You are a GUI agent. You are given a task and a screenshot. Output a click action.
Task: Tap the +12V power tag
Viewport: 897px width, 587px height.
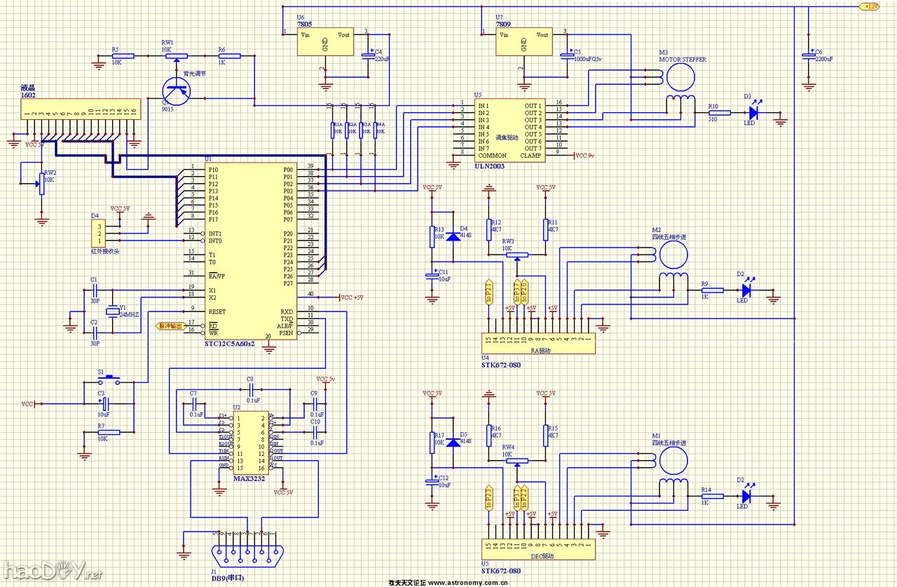pyautogui.click(x=869, y=6)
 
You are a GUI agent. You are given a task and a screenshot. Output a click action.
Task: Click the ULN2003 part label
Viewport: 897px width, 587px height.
pyautogui.click(x=489, y=166)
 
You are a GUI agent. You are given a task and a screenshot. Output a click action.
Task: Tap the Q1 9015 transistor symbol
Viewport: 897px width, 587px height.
pyautogui.click(x=176, y=89)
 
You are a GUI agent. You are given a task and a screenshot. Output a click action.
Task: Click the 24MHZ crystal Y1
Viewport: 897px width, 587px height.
pyautogui.click(x=111, y=312)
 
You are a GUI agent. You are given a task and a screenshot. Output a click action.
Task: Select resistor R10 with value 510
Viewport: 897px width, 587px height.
pyautogui.click(x=719, y=112)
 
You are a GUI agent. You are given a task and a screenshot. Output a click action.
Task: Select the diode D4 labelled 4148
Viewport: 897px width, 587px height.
pyautogui.click(x=454, y=236)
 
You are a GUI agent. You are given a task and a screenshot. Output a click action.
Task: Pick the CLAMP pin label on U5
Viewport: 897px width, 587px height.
pyautogui.click(x=532, y=156)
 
